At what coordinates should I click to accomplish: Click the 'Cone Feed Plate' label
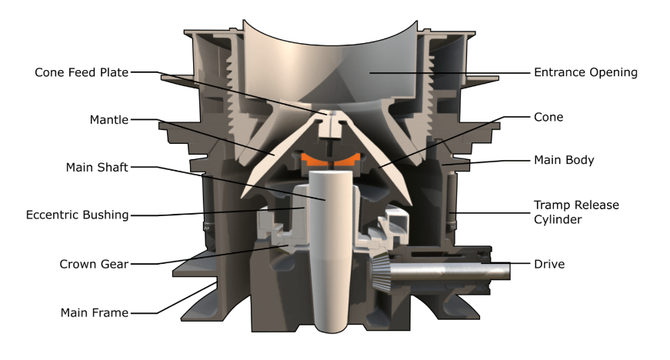tap(81, 72)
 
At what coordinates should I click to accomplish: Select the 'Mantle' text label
tap(108, 119)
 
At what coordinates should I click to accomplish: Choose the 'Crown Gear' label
tap(93, 264)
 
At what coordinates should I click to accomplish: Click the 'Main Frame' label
tap(95, 312)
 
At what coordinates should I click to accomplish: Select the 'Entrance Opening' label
tap(585, 72)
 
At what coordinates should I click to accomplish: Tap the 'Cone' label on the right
tap(548, 117)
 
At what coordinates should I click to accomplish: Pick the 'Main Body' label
tap(564, 160)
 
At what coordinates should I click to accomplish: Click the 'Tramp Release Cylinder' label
tap(576, 212)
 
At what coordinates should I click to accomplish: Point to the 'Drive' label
tap(549, 264)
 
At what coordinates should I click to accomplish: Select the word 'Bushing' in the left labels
tap(103, 215)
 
